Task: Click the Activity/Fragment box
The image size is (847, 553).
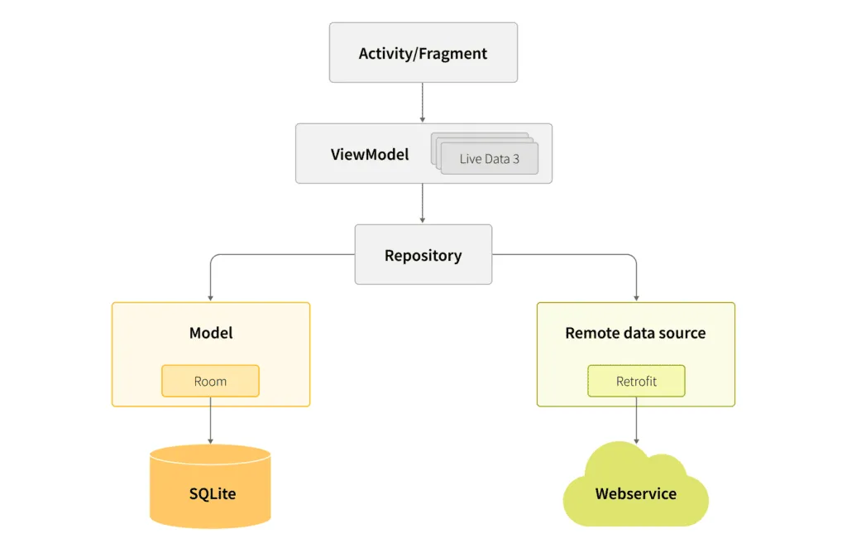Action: [x=423, y=53]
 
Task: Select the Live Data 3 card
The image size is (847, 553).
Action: [x=489, y=158]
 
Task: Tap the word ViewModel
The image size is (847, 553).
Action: [x=370, y=154]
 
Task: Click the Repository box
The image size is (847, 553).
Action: [x=423, y=255]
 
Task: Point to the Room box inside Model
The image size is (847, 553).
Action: [x=210, y=381]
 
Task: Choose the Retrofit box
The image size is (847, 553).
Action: [x=636, y=381]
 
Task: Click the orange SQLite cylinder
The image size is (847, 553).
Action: [x=210, y=488]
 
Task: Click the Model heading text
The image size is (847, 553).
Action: [x=211, y=333]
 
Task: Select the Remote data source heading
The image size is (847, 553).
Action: [x=635, y=333]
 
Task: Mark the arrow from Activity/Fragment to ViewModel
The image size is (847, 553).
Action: [x=423, y=103]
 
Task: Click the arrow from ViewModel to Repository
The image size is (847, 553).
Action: [x=423, y=203]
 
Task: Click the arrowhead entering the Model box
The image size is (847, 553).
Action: [x=210, y=296]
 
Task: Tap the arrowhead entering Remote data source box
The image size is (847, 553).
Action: [x=636, y=296]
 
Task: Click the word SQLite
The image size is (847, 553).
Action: [x=213, y=494]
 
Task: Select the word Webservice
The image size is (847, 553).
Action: [x=635, y=494]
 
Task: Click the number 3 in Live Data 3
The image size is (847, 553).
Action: [x=516, y=159]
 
